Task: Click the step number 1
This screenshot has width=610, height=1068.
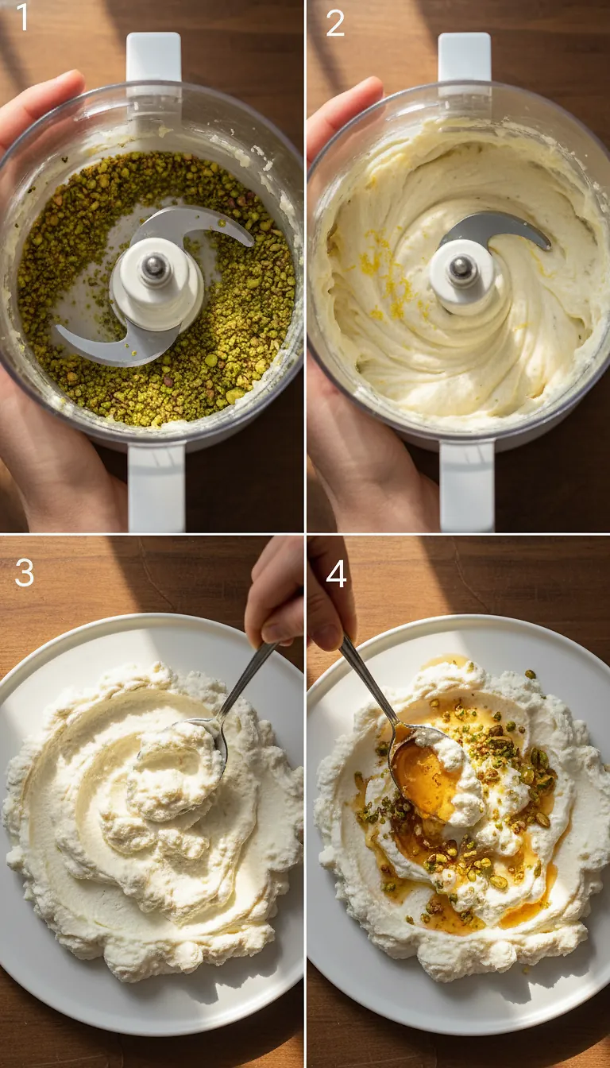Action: coord(21,18)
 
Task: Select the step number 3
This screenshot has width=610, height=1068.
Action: coord(24,572)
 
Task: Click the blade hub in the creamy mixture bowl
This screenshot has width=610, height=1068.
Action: coord(461,270)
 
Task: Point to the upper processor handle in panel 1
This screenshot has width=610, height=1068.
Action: coord(154,60)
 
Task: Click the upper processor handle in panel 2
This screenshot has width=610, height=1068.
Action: coord(465,60)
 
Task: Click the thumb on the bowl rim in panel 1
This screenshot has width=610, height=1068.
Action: coord(40,103)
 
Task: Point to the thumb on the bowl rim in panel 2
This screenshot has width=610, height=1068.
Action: coord(342,111)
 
